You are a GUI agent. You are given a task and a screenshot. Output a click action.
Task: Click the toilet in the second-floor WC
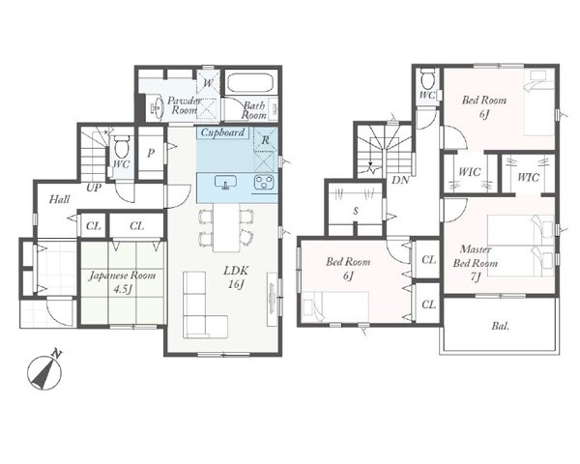point(427,78)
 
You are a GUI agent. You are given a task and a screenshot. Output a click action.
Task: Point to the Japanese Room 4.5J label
point(122,281)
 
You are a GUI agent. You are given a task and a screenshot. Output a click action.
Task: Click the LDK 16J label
point(236,276)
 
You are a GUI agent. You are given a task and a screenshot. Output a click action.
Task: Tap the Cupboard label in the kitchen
point(222,132)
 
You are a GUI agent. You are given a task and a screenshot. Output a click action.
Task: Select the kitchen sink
point(225,182)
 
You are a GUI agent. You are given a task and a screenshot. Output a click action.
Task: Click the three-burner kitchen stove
point(264,182)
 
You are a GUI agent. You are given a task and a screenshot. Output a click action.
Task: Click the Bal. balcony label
point(501,326)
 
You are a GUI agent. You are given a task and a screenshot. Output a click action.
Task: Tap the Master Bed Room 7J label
point(476,263)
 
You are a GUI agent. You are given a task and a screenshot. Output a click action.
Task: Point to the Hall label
point(60,199)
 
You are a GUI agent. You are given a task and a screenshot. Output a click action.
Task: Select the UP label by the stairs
point(94,188)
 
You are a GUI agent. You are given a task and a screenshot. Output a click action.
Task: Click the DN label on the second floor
point(400,180)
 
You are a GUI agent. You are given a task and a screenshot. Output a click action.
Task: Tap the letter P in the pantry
point(151,153)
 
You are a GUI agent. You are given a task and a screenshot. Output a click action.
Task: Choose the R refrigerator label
point(265,140)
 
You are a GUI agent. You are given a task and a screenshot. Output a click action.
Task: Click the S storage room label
point(356,211)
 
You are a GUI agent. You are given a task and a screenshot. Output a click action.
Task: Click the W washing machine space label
point(208,82)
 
